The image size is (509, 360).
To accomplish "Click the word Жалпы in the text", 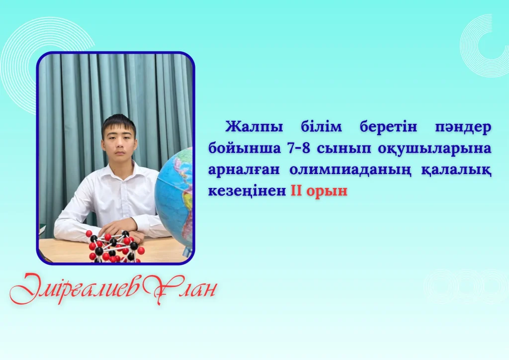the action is [x=254, y=127].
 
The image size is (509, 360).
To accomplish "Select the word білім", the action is [x=321, y=126].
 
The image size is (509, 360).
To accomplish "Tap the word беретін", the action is [x=388, y=126].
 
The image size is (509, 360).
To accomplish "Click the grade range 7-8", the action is [x=298, y=148].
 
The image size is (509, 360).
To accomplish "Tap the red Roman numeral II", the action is [x=296, y=190].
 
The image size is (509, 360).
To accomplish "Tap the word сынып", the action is [x=343, y=149].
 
